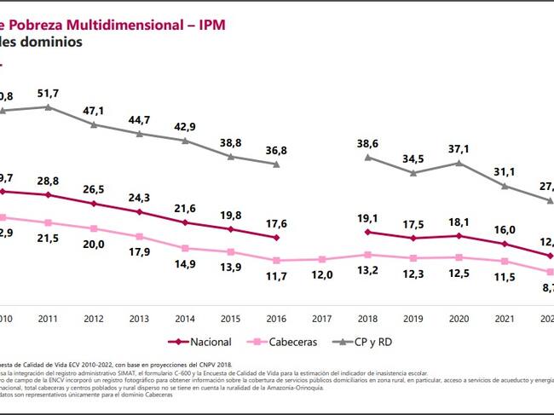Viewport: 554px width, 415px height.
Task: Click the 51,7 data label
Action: tap(48, 92)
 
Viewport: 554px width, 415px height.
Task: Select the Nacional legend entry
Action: tap(200, 342)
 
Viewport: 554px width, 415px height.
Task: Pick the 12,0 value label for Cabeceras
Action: tap(323, 274)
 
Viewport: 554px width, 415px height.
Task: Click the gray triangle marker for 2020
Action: tap(459, 163)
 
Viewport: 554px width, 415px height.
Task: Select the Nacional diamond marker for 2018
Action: tap(368, 232)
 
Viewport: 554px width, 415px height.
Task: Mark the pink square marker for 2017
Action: tap(323, 259)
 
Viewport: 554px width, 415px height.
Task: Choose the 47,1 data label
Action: tap(94, 111)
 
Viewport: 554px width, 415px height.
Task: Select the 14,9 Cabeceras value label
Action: tap(185, 264)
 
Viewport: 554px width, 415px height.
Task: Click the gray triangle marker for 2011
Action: tap(48, 107)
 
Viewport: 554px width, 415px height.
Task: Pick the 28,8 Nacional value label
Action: tap(48, 182)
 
